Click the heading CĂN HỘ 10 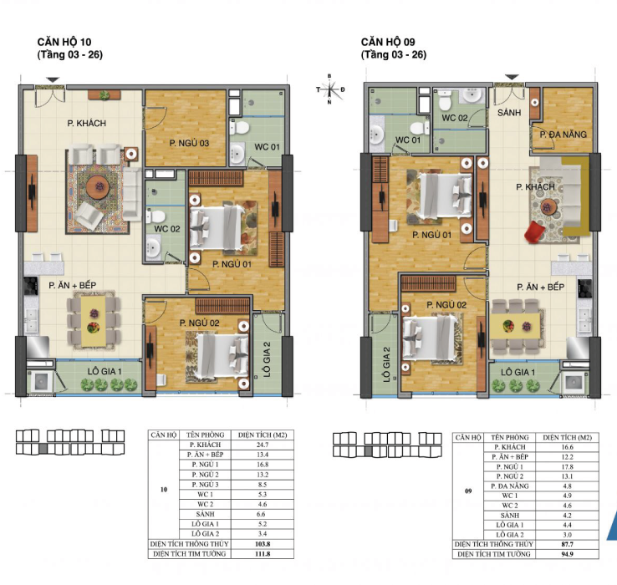(64, 42)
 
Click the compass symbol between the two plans (329, 89)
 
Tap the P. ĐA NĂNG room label (563, 135)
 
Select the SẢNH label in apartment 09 (509, 113)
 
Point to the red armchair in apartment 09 (535, 231)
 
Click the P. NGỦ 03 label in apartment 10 (189, 143)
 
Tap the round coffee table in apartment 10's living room (98, 187)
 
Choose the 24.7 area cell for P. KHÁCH (263, 445)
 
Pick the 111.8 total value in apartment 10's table (263, 554)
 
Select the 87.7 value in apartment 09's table (567, 545)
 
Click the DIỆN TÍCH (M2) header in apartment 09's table (567, 437)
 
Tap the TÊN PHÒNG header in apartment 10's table (205, 435)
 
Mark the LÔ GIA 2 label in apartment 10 (268, 359)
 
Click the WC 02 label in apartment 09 (455, 118)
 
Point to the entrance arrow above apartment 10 (54, 80)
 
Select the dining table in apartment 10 (94, 322)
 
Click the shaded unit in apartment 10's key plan (43, 449)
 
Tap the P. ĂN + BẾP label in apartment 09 (540, 287)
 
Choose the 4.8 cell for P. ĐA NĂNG (567, 486)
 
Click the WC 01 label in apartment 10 (267, 147)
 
